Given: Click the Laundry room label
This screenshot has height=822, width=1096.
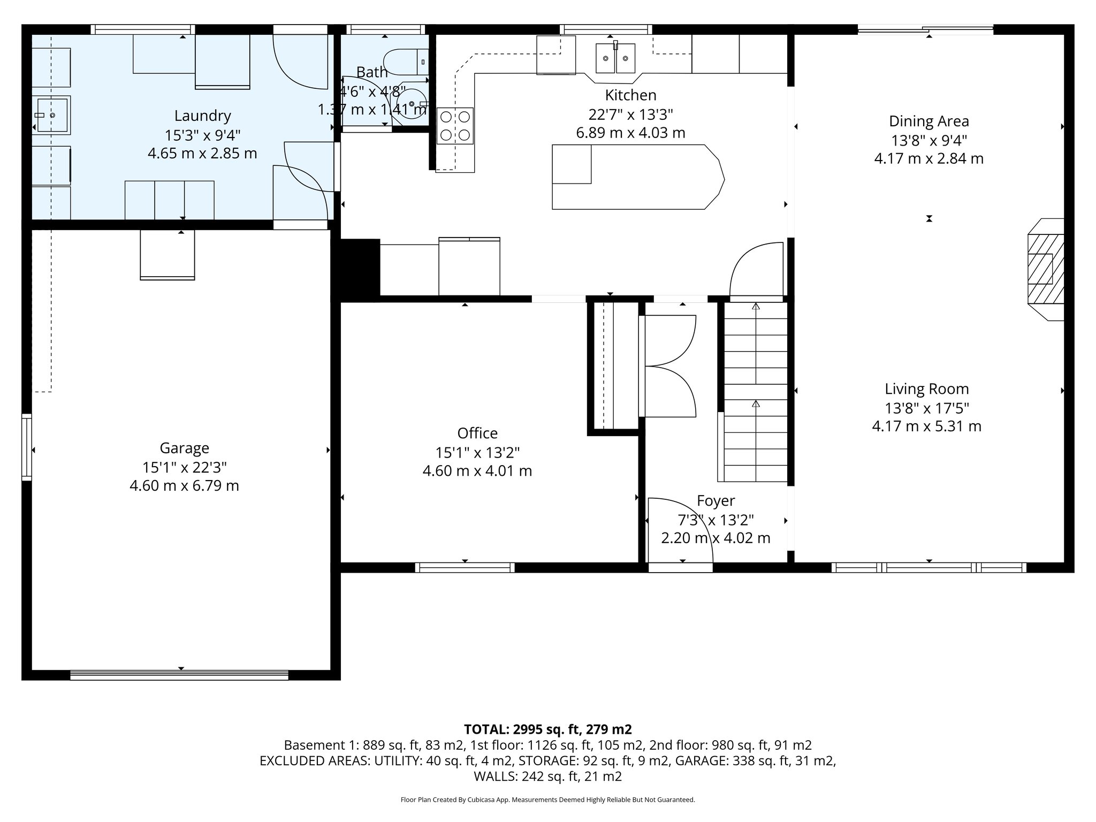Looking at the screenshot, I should pyautogui.click(x=202, y=116).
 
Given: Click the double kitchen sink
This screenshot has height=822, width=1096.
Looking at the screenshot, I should pyautogui.click(x=615, y=58).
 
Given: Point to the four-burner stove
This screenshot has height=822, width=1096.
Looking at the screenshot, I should pyautogui.click(x=455, y=126).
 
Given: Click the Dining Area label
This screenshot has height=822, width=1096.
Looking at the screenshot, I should pyautogui.click(x=928, y=121).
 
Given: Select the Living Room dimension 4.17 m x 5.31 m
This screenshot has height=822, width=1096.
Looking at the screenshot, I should pyautogui.click(x=926, y=427).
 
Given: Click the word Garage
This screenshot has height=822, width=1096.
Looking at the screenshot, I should pyautogui.click(x=184, y=448).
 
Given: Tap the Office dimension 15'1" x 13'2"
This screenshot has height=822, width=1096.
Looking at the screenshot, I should pyautogui.click(x=477, y=453).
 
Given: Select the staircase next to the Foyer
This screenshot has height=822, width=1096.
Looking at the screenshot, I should pyautogui.click(x=755, y=391).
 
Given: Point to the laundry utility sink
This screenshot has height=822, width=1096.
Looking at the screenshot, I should pyautogui.click(x=52, y=115).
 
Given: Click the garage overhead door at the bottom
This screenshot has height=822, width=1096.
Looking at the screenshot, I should pyautogui.click(x=179, y=676).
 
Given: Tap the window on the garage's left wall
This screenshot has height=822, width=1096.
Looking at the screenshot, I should pyautogui.click(x=26, y=447).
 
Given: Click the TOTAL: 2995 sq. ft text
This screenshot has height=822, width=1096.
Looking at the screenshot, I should pyautogui.click(x=547, y=729).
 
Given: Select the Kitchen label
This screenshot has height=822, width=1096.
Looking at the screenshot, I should pyautogui.click(x=630, y=95).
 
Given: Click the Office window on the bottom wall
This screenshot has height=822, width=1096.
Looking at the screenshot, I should pyautogui.click(x=465, y=567).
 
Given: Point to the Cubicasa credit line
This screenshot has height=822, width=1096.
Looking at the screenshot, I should pyautogui.click(x=547, y=800).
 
